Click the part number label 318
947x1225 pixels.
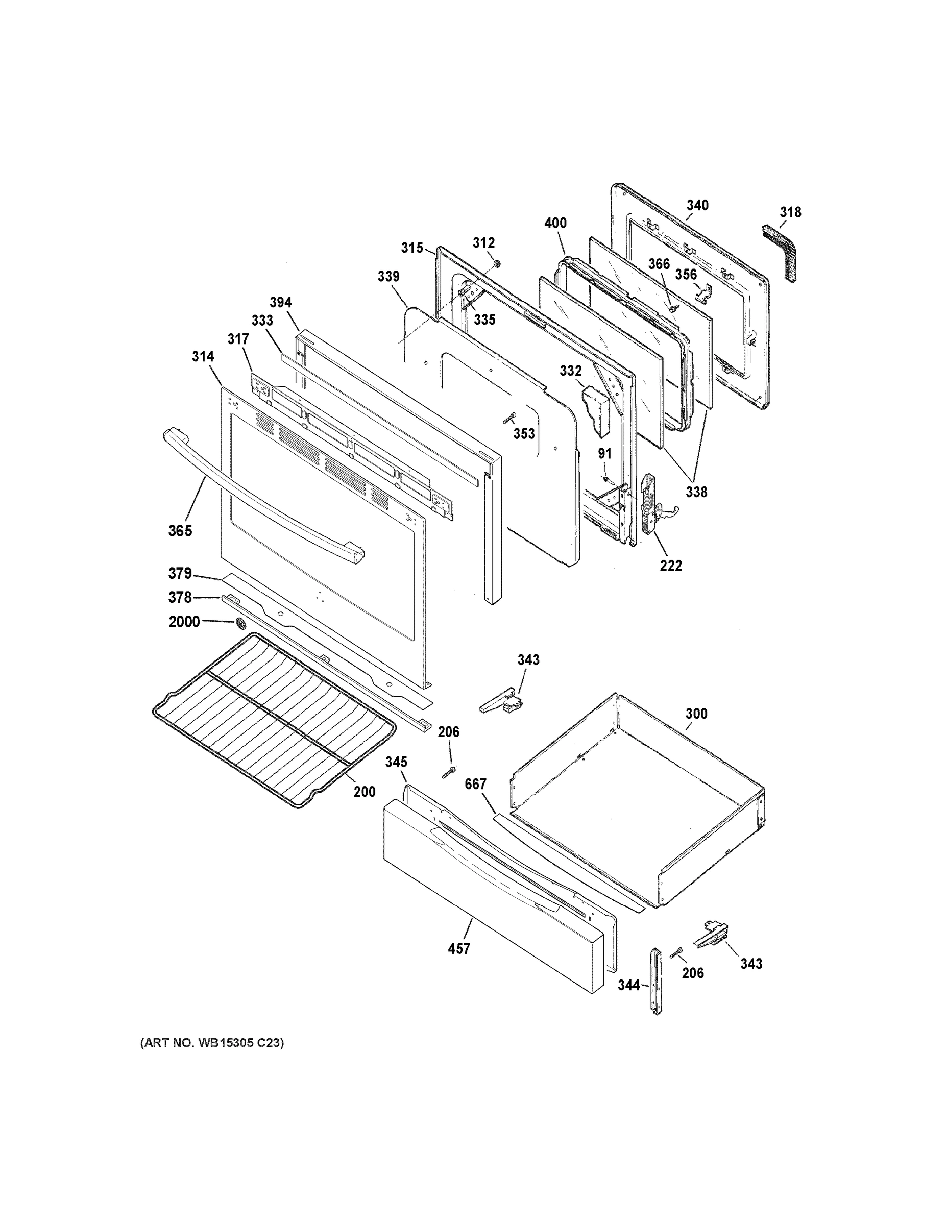click(x=790, y=212)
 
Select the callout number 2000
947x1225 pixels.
click(x=184, y=622)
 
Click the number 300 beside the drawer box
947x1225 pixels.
click(x=696, y=714)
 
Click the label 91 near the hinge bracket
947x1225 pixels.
click(x=604, y=454)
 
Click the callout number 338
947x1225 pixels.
click(x=696, y=492)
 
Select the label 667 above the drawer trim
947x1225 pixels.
click(x=475, y=784)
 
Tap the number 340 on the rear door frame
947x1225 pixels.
click(x=697, y=205)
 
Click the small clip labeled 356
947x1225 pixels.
click(x=704, y=293)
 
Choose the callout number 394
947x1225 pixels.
click(x=280, y=303)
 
